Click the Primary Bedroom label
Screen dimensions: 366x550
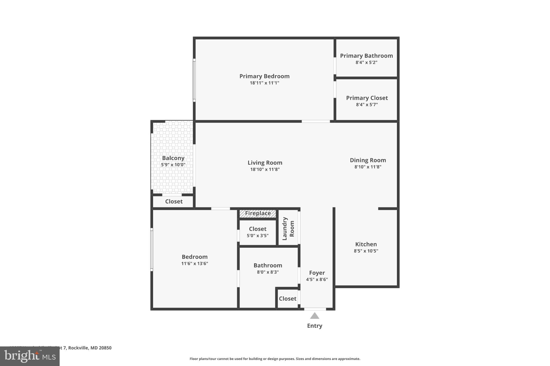tap(264, 76)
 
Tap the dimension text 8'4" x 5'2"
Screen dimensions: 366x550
tap(366, 62)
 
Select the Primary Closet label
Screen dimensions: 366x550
tap(367, 98)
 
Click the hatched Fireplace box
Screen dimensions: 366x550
tap(258, 213)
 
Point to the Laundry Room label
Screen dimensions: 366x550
tap(288, 228)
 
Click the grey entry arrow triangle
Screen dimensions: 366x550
tap(314, 316)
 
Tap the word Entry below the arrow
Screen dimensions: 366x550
tap(314, 326)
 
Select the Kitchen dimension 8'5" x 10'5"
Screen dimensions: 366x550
tap(366, 251)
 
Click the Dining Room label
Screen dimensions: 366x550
tap(368, 160)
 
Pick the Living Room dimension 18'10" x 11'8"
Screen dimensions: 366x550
tap(265, 169)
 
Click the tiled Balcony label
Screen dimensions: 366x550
tap(173, 158)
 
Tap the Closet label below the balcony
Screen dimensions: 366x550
tap(174, 202)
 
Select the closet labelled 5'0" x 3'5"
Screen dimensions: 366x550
tap(258, 232)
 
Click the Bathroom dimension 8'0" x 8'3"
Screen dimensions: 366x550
tap(268, 272)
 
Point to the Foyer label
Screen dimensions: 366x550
tap(317, 273)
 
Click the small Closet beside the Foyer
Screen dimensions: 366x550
tap(287, 299)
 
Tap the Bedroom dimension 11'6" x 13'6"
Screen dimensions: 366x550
tap(194, 264)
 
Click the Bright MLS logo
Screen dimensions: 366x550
tap(30, 356)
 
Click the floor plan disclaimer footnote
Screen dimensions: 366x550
tap(275, 359)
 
